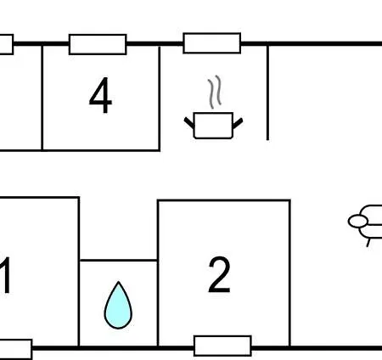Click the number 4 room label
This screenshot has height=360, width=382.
click(101, 95)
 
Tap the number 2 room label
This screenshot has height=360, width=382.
click(219, 274)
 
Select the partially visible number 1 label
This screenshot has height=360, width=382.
click(6, 275)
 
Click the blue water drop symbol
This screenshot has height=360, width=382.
click(118, 306)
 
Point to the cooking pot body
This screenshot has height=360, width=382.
click(213, 126)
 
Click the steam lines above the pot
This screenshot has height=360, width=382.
click(215, 92)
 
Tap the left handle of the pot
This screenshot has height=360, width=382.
click(189, 123)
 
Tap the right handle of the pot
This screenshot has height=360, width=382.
click(238, 123)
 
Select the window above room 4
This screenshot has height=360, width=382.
click(98, 44)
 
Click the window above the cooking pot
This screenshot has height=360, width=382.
click(212, 43)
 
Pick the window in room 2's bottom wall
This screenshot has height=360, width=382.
click(222, 346)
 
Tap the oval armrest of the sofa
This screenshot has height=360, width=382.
click(358, 222)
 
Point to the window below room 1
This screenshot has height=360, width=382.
click(16, 349)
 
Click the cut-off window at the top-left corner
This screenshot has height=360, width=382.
click(7, 44)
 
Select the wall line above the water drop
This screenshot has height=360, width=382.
click(119, 260)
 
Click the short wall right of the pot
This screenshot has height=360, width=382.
click(267, 93)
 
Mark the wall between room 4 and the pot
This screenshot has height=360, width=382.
click(160, 98)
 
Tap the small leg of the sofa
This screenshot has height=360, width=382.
click(368, 243)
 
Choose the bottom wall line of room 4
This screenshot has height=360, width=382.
click(80, 150)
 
